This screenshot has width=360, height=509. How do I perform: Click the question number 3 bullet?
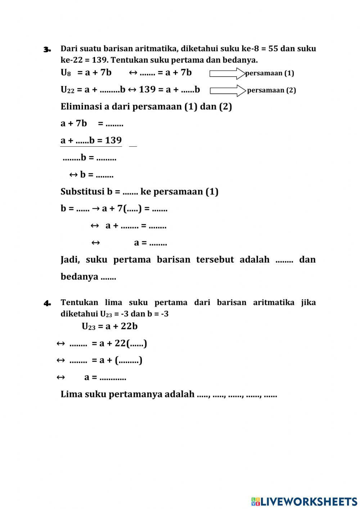[47, 49]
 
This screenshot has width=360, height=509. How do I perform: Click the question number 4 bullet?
[47, 303]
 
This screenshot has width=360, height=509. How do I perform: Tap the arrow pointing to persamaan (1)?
[227, 73]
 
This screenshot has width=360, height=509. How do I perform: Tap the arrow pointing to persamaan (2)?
[228, 90]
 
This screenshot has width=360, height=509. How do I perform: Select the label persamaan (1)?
[270, 73]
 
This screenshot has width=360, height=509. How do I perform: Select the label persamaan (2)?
[271, 90]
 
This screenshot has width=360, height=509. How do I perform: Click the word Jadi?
[70, 260]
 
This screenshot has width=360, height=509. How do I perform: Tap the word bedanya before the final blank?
[79, 277]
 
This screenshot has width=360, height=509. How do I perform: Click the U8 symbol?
[66, 73]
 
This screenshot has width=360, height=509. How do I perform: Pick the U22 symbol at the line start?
[67, 90]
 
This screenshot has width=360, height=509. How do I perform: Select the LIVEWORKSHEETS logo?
[304, 501]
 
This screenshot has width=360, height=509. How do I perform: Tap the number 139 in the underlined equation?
[113, 140]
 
